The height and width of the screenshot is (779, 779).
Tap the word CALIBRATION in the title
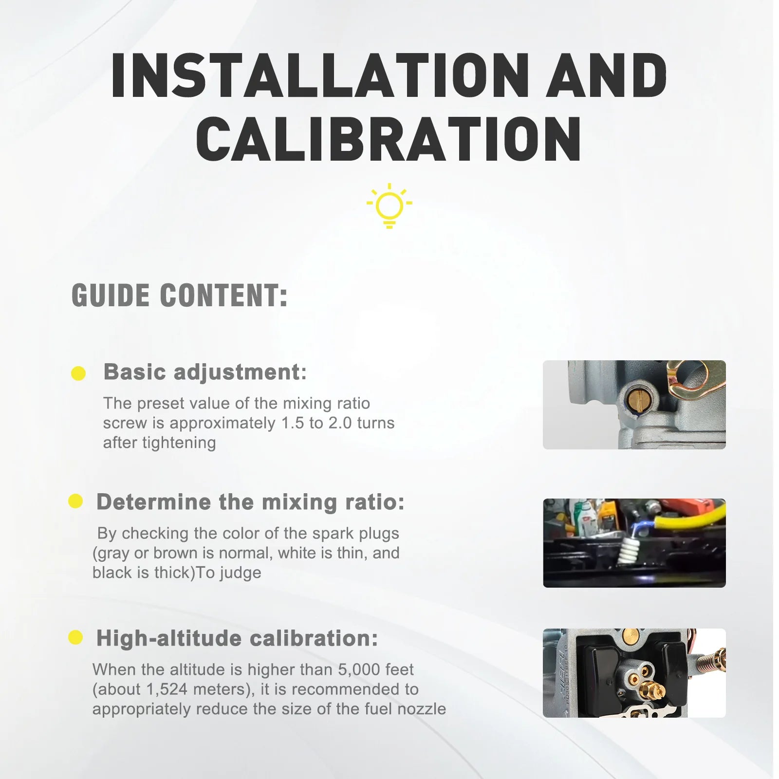coord(389,139)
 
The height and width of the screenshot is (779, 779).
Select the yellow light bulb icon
coord(389,205)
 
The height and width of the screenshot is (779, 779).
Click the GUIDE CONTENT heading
coord(180,296)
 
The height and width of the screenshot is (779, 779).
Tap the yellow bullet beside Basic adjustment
coord(78,373)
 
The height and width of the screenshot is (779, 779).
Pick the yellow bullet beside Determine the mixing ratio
coord(75,501)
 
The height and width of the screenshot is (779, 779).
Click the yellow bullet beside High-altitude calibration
coord(75,637)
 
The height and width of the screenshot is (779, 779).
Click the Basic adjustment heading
coord(205,372)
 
